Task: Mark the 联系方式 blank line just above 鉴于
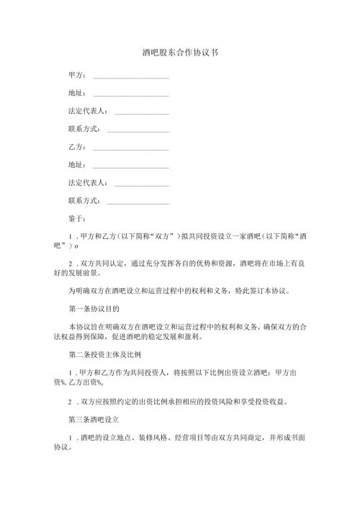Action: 138,202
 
